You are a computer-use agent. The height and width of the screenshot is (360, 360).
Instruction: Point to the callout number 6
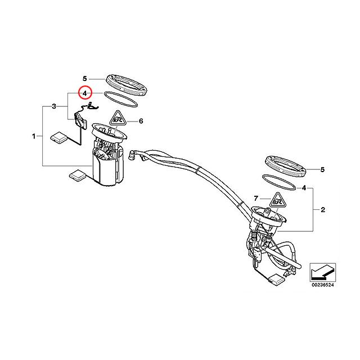pos(141,121)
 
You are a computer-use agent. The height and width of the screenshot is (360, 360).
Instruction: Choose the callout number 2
pos(323,210)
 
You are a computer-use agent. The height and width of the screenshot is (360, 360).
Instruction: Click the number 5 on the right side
pos(323,169)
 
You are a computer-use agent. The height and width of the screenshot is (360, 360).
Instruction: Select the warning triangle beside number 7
pos(276,200)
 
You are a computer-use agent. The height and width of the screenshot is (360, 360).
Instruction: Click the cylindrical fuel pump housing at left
pos(107,169)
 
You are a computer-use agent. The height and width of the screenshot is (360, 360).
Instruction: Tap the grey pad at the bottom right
pos(275,277)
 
